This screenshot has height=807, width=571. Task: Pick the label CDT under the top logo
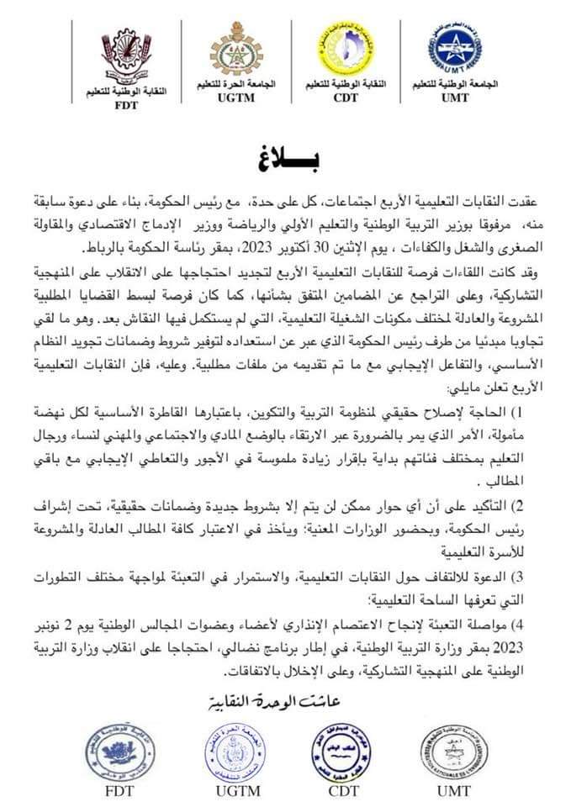(x=345, y=98)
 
